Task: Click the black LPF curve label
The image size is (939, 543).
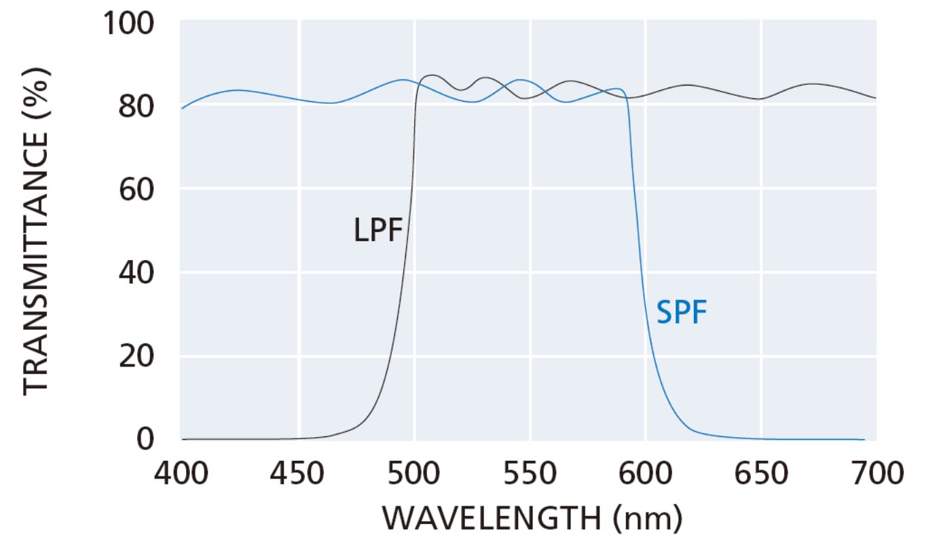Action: click(x=378, y=230)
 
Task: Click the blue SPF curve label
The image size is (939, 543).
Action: click(x=682, y=314)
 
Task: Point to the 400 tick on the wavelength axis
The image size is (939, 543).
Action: click(x=182, y=473)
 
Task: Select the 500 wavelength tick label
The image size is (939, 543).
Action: click(x=414, y=473)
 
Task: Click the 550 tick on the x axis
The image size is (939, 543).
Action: click(x=530, y=473)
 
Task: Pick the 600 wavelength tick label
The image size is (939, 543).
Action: click(x=646, y=473)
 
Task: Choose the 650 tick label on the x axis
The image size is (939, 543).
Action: click(x=761, y=473)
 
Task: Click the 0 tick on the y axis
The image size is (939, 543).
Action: click(x=148, y=439)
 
